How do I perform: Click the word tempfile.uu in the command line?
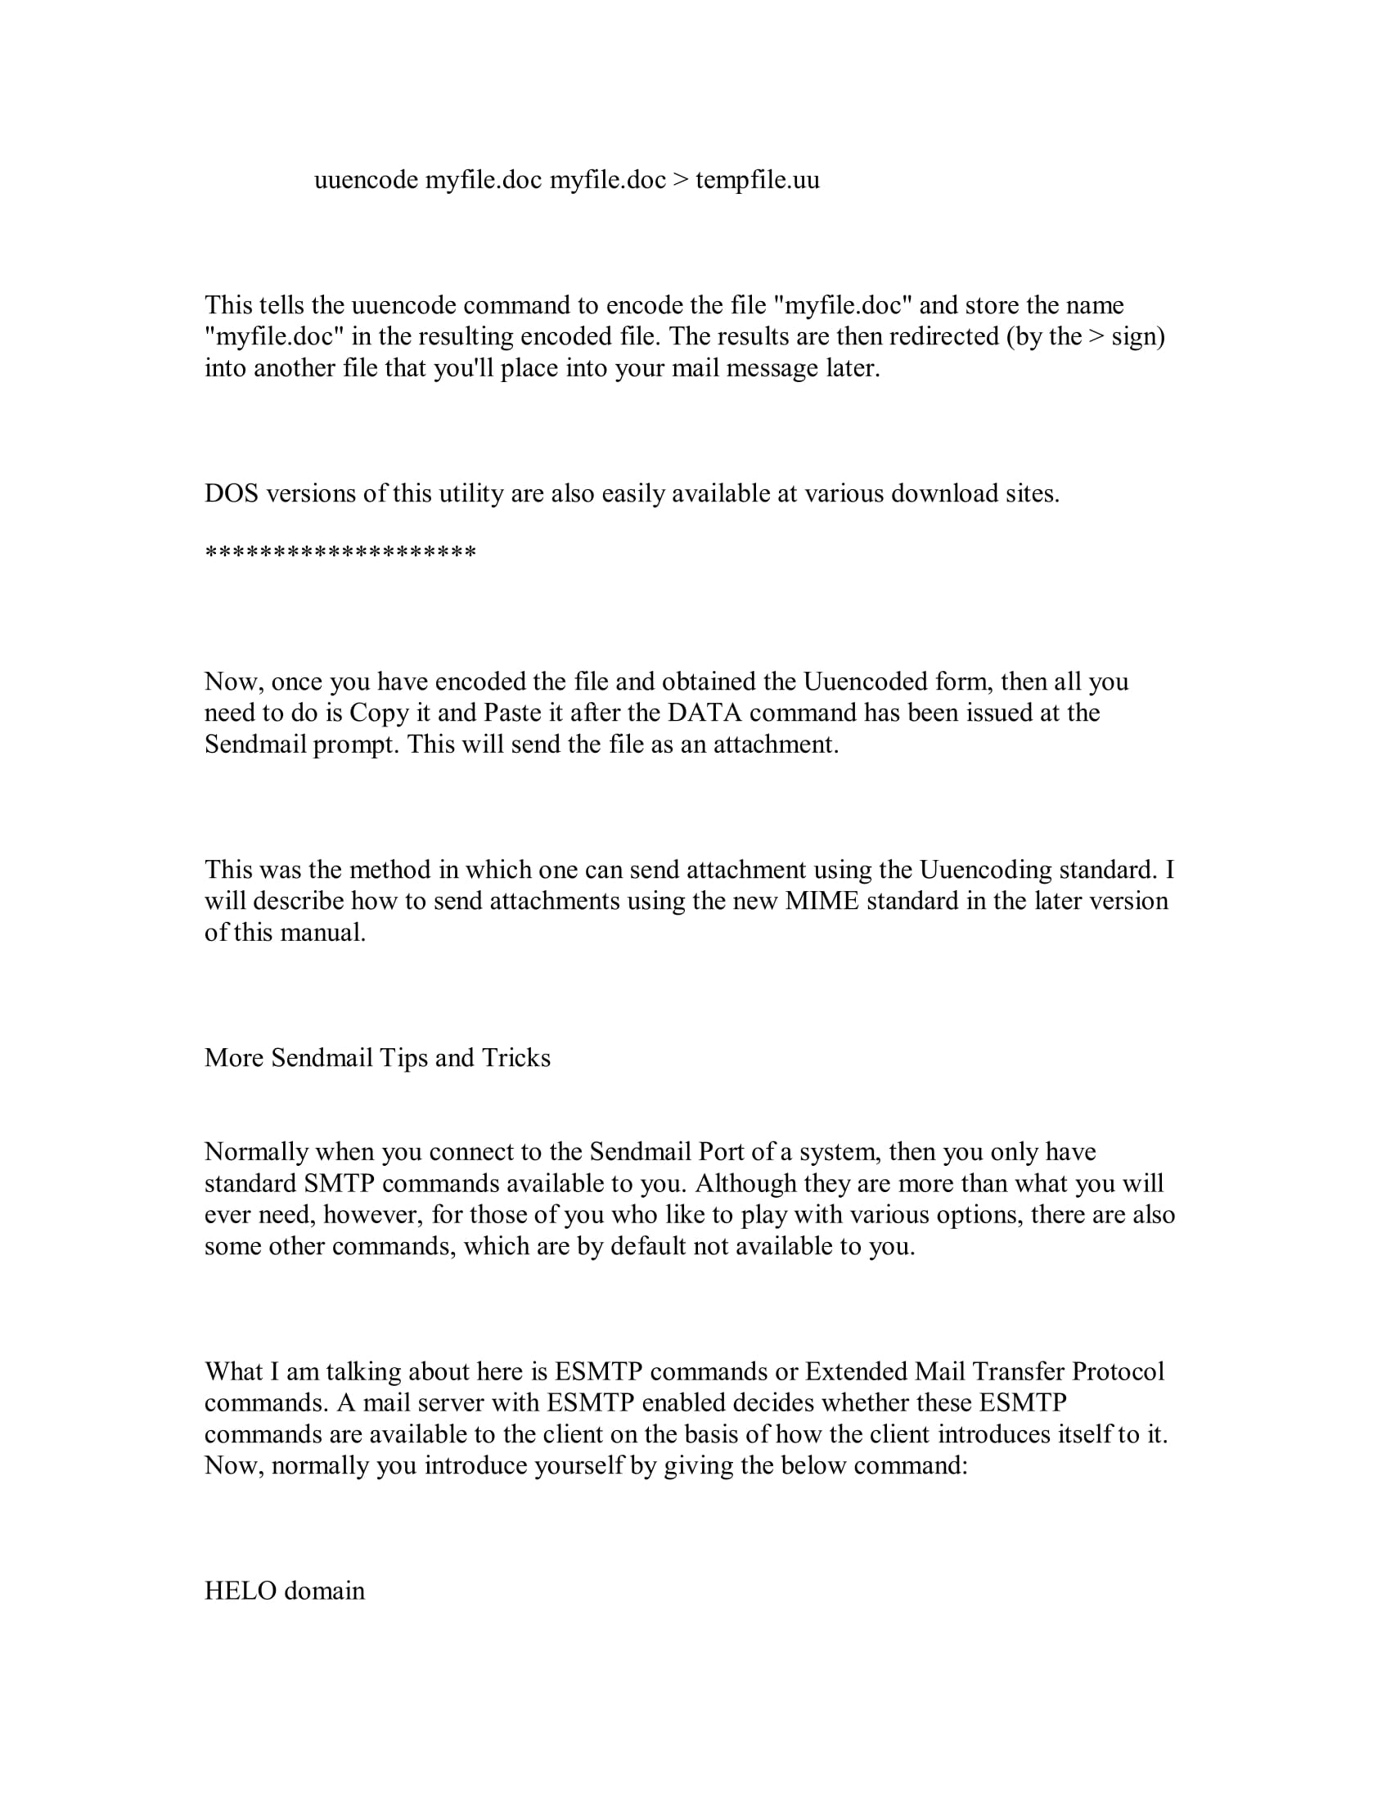[x=758, y=180]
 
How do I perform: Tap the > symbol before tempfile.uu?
[x=680, y=180]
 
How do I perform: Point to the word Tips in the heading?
[x=403, y=1058]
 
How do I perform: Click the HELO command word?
[x=240, y=1591]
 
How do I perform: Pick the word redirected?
[x=943, y=336]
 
